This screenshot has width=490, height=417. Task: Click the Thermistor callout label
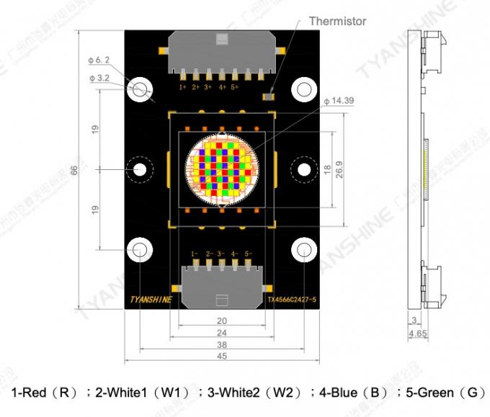click(337, 21)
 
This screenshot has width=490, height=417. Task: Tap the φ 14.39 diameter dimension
click(339, 101)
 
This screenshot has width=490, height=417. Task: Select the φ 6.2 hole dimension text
click(99, 60)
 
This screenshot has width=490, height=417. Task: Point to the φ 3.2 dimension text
click(99, 76)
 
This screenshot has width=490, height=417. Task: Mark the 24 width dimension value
click(221, 333)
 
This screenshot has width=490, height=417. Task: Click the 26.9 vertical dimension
click(339, 169)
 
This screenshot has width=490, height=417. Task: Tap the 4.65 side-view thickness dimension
click(416, 334)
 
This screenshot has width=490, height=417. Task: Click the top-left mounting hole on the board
click(139, 89)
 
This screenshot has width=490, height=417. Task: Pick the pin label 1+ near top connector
click(183, 86)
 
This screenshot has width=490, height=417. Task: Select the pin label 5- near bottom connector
click(247, 254)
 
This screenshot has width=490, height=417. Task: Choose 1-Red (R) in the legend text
click(44, 393)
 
